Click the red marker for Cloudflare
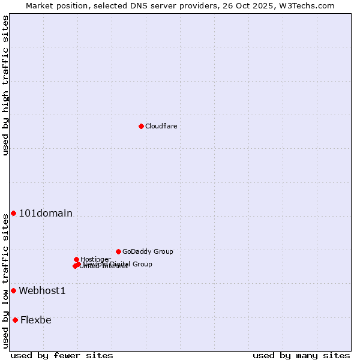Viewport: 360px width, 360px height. click(x=141, y=126)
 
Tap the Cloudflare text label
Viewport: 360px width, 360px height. click(x=161, y=126)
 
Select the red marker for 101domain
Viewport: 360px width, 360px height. click(x=13, y=214)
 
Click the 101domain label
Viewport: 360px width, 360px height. click(x=46, y=214)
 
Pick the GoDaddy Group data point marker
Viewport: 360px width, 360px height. click(x=118, y=251)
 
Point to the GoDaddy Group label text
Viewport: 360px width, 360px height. click(x=148, y=251)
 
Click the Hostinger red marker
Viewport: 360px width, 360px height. click(x=76, y=259)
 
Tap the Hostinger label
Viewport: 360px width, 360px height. click(x=95, y=259)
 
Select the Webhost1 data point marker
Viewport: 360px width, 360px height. click(x=13, y=291)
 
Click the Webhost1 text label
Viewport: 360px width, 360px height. click(x=42, y=291)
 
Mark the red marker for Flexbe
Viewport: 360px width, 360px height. click(x=15, y=320)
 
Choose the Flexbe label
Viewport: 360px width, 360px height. click(x=36, y=320)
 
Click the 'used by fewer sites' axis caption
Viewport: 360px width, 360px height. click(x=62, y=355)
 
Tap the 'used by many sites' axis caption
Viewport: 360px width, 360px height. click(x=301, y=355)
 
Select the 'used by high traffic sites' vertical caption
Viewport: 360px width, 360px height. click(x=5, y=85)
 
